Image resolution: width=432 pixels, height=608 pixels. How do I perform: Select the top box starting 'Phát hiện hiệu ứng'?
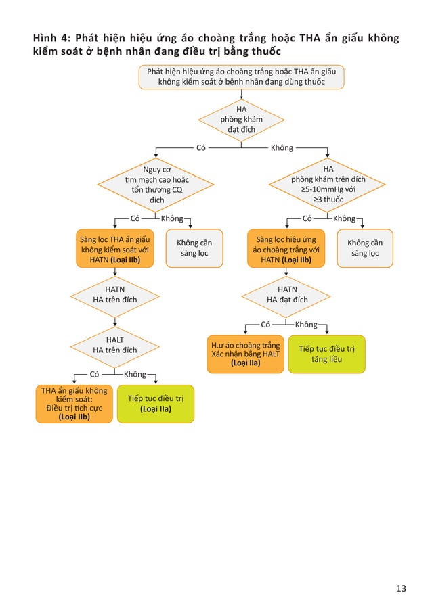pos(241,76)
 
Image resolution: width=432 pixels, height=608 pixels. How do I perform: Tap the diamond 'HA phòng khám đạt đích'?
pos(242,119)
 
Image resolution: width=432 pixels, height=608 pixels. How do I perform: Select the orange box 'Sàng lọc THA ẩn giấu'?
pos(114,248)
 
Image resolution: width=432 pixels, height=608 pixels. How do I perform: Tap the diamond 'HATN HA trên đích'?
pos(114,294)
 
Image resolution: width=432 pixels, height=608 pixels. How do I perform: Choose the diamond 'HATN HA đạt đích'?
pos(287,294)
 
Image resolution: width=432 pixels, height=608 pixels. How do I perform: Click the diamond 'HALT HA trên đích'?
pos(114,344)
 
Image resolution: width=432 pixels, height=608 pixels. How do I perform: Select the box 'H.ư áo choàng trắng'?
pos(245,354)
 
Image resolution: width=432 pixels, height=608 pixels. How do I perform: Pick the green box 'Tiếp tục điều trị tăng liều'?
pos(326,354)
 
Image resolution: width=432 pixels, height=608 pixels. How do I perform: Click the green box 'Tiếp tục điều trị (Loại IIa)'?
pos(156,403)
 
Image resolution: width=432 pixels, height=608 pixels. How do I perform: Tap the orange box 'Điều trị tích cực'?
pos(74,403)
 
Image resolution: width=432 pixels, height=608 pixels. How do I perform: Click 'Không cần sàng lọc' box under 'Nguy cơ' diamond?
pos(194,248)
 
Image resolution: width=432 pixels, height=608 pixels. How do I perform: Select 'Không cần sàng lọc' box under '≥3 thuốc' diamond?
pos(364,248)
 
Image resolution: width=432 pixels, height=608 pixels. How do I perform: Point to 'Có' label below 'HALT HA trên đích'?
pos(95,374)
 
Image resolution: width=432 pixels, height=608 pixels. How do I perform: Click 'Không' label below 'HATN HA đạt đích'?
pos(307,325)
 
